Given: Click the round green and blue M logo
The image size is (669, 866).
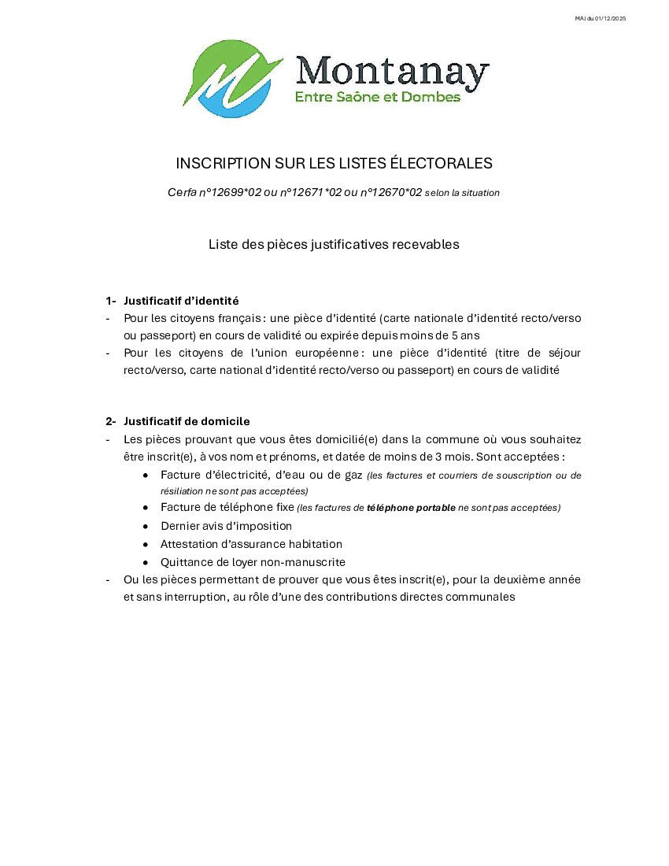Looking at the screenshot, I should [233, 79].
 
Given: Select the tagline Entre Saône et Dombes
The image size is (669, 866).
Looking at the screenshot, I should [377, 97].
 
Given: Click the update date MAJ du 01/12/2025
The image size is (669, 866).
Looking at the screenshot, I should [601, 18].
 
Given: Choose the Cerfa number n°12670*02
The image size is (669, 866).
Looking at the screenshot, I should [390, 192].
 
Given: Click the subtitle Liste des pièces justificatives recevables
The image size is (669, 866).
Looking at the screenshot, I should [334, 244].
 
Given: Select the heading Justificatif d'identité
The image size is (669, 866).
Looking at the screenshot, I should [181, 301].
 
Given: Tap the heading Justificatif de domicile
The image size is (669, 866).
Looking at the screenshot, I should [187, 421].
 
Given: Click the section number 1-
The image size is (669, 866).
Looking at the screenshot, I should [111, 301].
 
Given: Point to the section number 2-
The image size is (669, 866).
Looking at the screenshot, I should [111, 421].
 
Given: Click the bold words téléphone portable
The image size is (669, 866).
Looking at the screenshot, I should [411, 508].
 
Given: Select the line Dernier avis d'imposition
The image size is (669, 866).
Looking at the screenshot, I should [226, 526].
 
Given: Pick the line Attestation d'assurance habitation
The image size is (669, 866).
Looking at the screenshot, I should [251, 544].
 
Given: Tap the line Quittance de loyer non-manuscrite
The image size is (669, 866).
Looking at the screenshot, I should [253, 562].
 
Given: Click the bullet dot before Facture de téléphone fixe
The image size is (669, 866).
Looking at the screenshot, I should [146, 508].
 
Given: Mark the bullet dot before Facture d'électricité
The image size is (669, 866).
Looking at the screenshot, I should [146, 475].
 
